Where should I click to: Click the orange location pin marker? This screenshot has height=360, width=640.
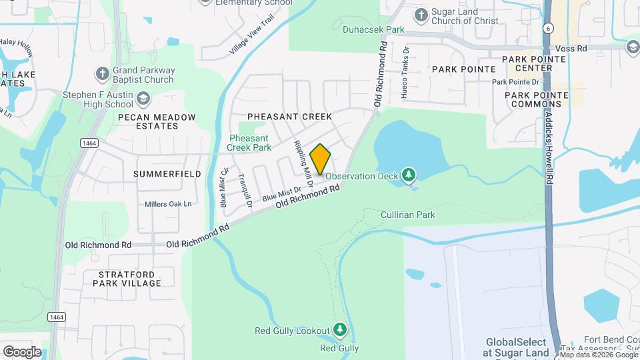point(320,159)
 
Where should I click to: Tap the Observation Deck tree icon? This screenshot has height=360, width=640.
point(409,175)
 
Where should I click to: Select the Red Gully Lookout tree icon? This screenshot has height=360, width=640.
point(340,330)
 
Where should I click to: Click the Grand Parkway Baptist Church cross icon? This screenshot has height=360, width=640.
point(102,71)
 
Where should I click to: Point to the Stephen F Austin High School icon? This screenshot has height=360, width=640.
point(143,99)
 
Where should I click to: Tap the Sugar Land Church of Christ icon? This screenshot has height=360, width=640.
point(421,15)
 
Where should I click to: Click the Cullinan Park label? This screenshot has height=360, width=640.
point(407,215)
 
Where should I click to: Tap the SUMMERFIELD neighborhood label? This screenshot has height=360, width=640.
point(167,174)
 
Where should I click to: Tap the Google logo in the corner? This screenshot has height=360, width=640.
point(22,351)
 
